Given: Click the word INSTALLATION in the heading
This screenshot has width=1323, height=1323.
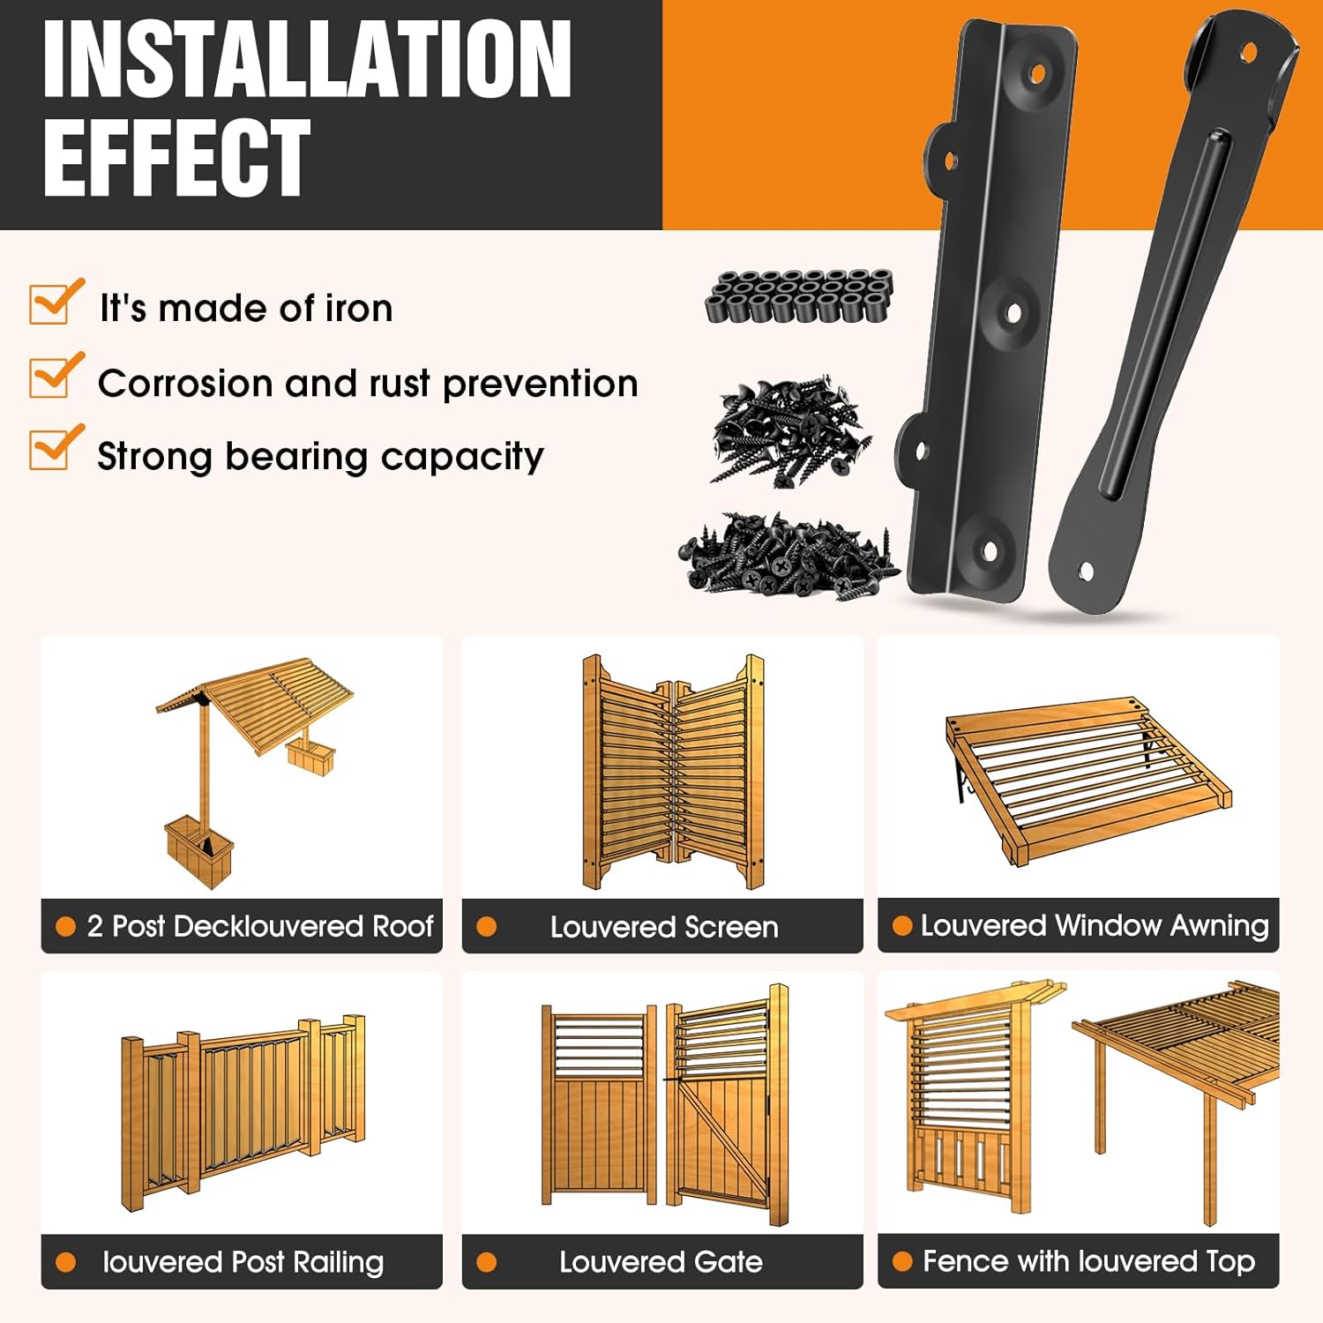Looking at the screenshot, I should point(307,60).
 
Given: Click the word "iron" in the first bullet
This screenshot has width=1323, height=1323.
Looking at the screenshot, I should point(358,309).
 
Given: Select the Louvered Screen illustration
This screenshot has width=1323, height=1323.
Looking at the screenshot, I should point(672,772).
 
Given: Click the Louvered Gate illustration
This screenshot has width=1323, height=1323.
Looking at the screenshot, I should point(663,1107).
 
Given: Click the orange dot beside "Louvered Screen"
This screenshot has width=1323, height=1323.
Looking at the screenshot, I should point(486,927).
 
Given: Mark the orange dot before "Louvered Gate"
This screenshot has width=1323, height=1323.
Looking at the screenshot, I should point(486,1262).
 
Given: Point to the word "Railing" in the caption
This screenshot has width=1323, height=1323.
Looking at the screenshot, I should point(338,1262).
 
